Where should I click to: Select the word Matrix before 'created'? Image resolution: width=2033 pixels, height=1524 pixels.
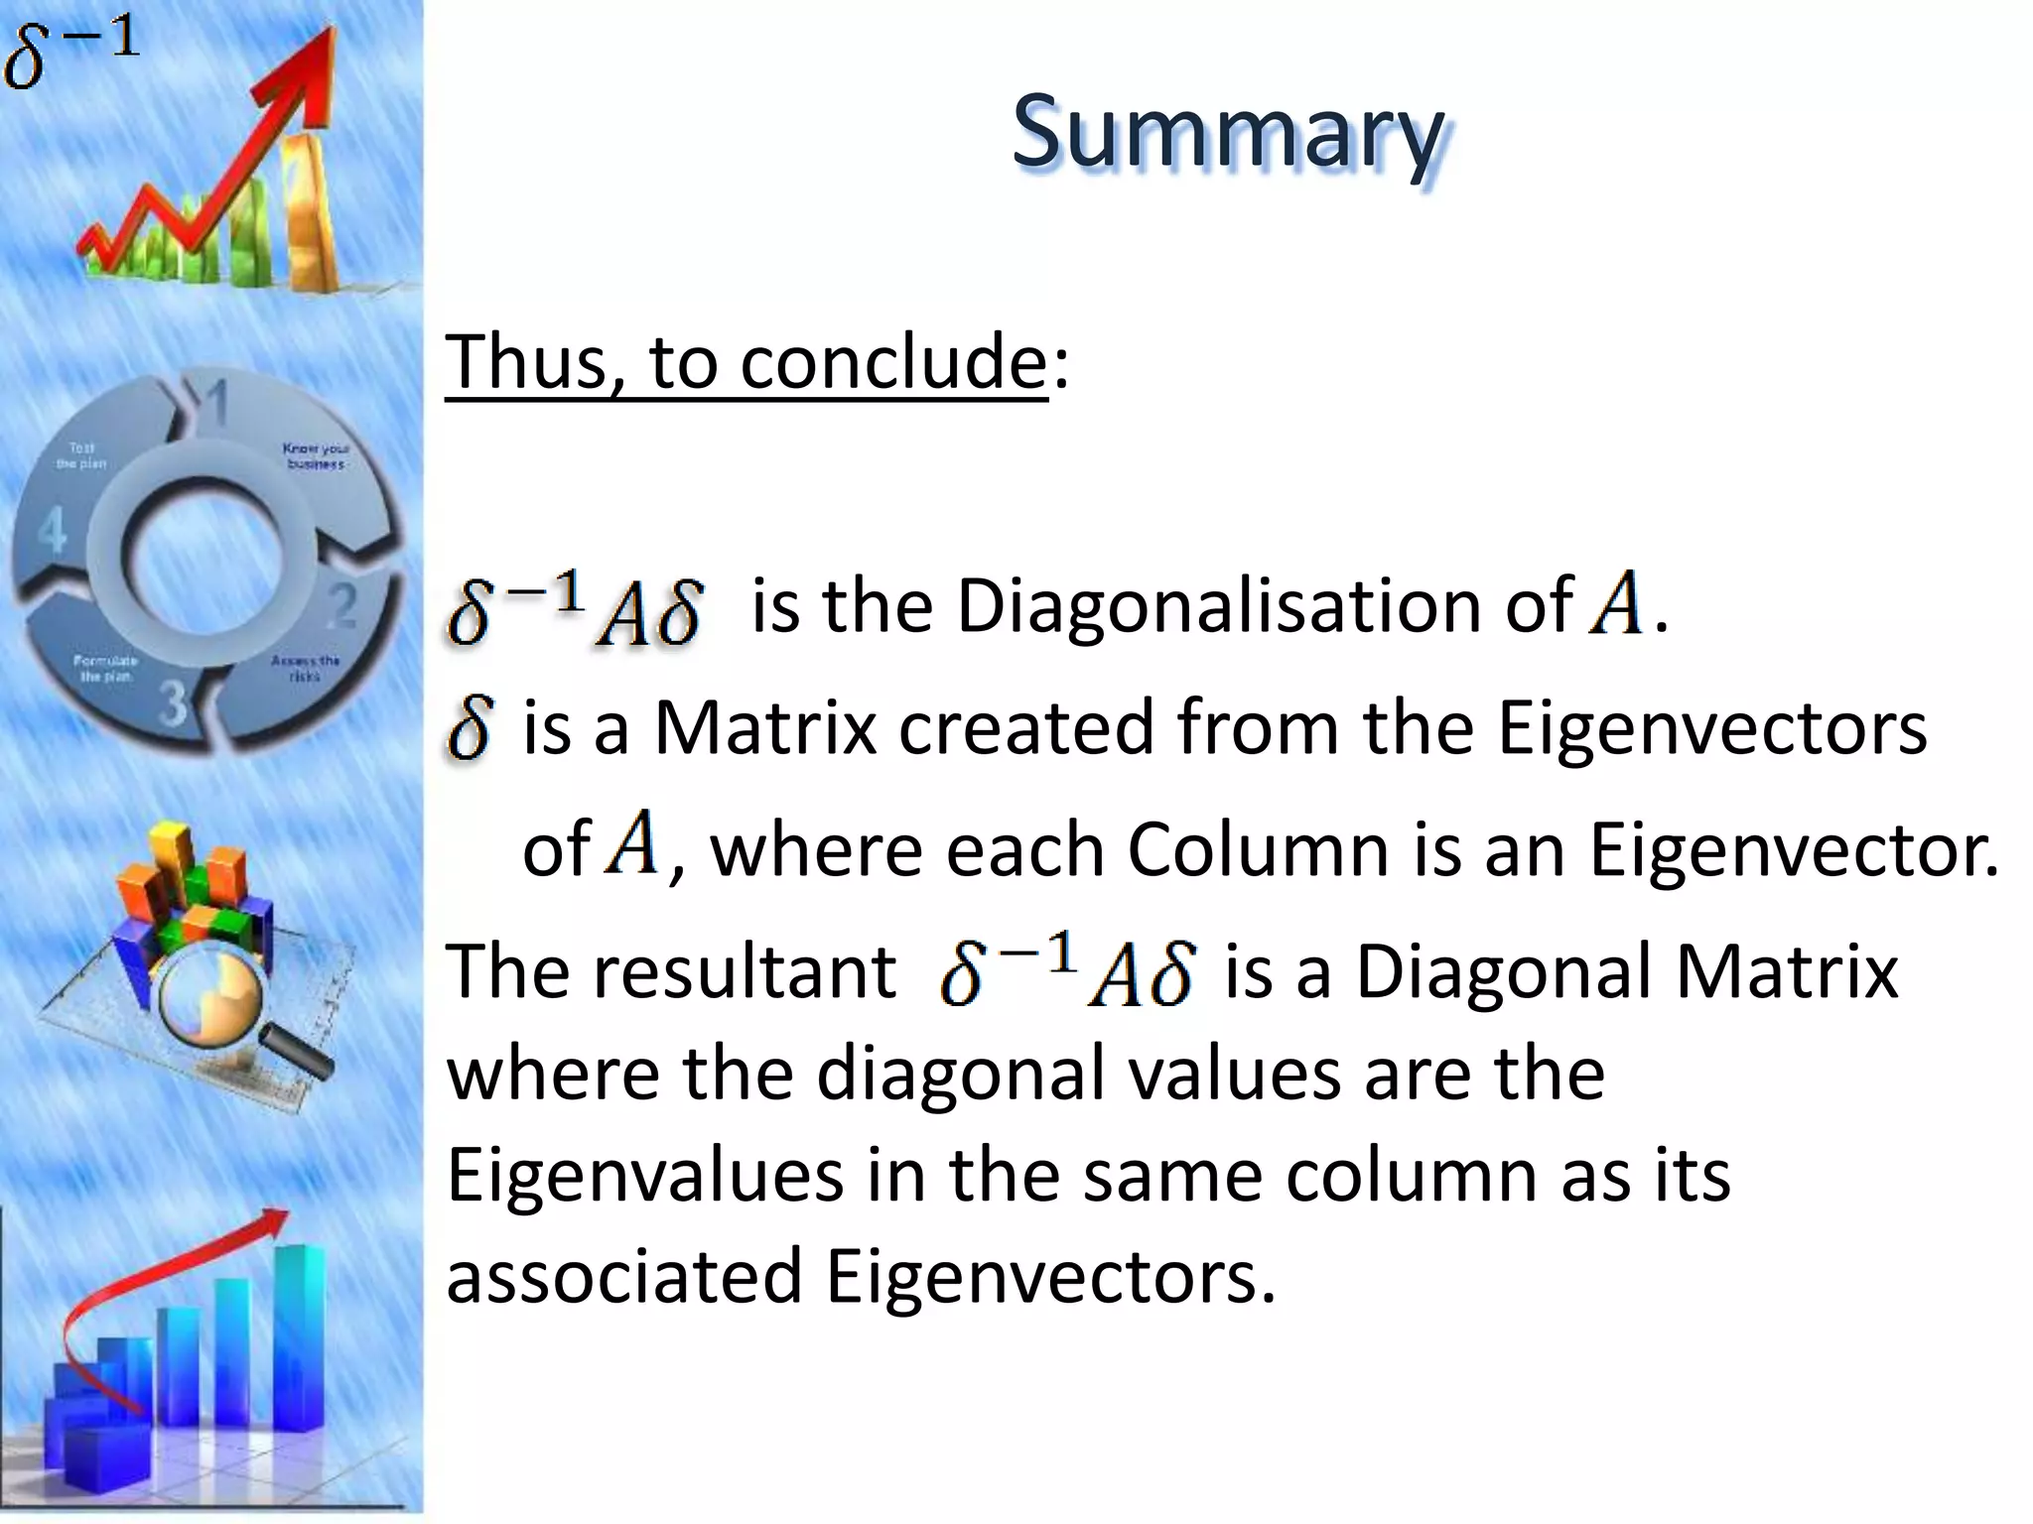pos(765,727)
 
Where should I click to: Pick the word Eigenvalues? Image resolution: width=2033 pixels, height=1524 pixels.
pos(645,1175)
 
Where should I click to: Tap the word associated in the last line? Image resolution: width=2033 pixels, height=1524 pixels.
pos(624,1276)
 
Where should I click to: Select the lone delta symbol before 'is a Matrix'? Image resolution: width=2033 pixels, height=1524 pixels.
pos(470,727)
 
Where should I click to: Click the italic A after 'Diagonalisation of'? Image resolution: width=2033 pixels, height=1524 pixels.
pos(1615,602)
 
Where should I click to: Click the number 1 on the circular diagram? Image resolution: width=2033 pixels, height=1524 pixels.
pos(216,403)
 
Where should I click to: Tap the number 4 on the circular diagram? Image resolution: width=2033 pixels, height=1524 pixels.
pos(52,530)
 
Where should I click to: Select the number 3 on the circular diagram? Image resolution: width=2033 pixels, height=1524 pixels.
pos(175,703)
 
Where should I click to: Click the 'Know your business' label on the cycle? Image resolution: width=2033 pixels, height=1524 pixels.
pos(316,456)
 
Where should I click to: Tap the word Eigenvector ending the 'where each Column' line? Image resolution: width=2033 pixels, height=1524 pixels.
pos(1793,849)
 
